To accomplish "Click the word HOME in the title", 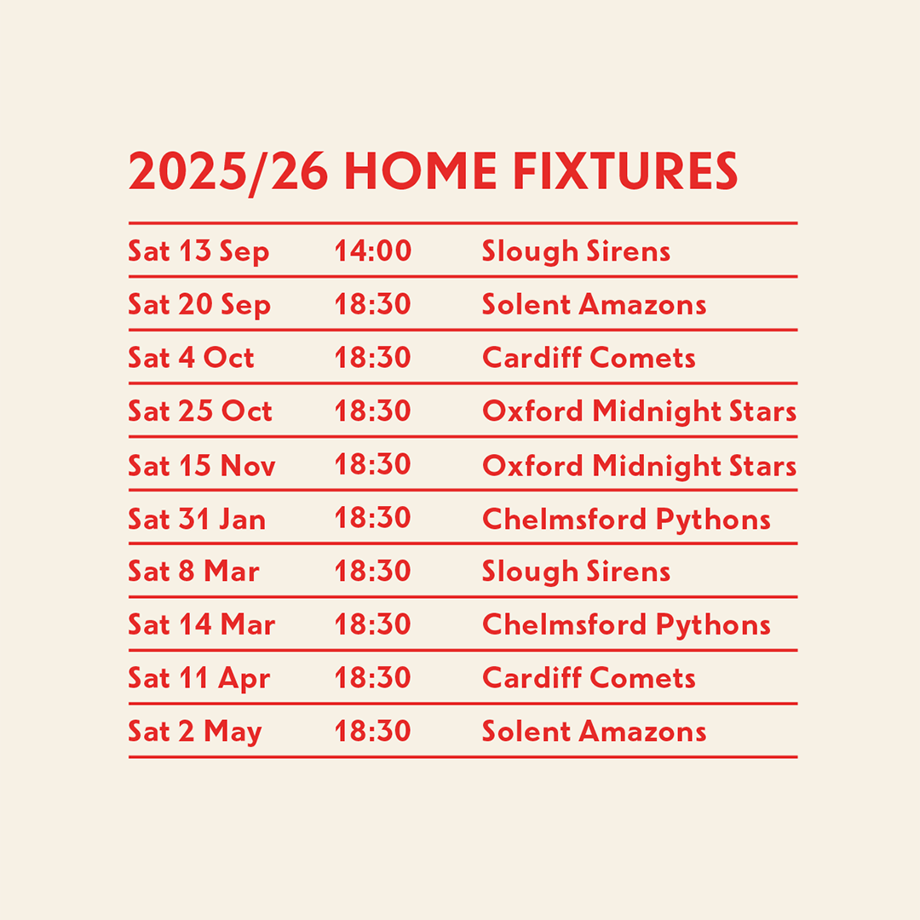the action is (420, 170).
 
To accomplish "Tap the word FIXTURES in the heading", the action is (625, 170).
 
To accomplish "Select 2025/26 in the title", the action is (228, 172).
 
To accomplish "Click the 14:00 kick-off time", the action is (372, 250).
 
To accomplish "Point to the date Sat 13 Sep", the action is (198, 252).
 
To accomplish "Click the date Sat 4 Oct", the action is (192, 357).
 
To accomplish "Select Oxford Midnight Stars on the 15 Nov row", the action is (639, 467).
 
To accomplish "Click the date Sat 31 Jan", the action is (197, 519).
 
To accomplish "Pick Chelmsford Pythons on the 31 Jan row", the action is (626, 520).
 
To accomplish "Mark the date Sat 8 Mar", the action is (193, 571).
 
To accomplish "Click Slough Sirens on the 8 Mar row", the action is (576, 572).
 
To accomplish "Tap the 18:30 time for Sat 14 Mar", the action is (372, 624).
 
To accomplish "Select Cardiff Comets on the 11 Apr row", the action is (589, 678).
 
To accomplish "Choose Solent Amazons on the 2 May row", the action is (594, 731).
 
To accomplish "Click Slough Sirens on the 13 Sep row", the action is (576, 252).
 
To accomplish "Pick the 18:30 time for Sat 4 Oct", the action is (372, 357).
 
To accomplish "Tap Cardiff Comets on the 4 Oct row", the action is (589, 357).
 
